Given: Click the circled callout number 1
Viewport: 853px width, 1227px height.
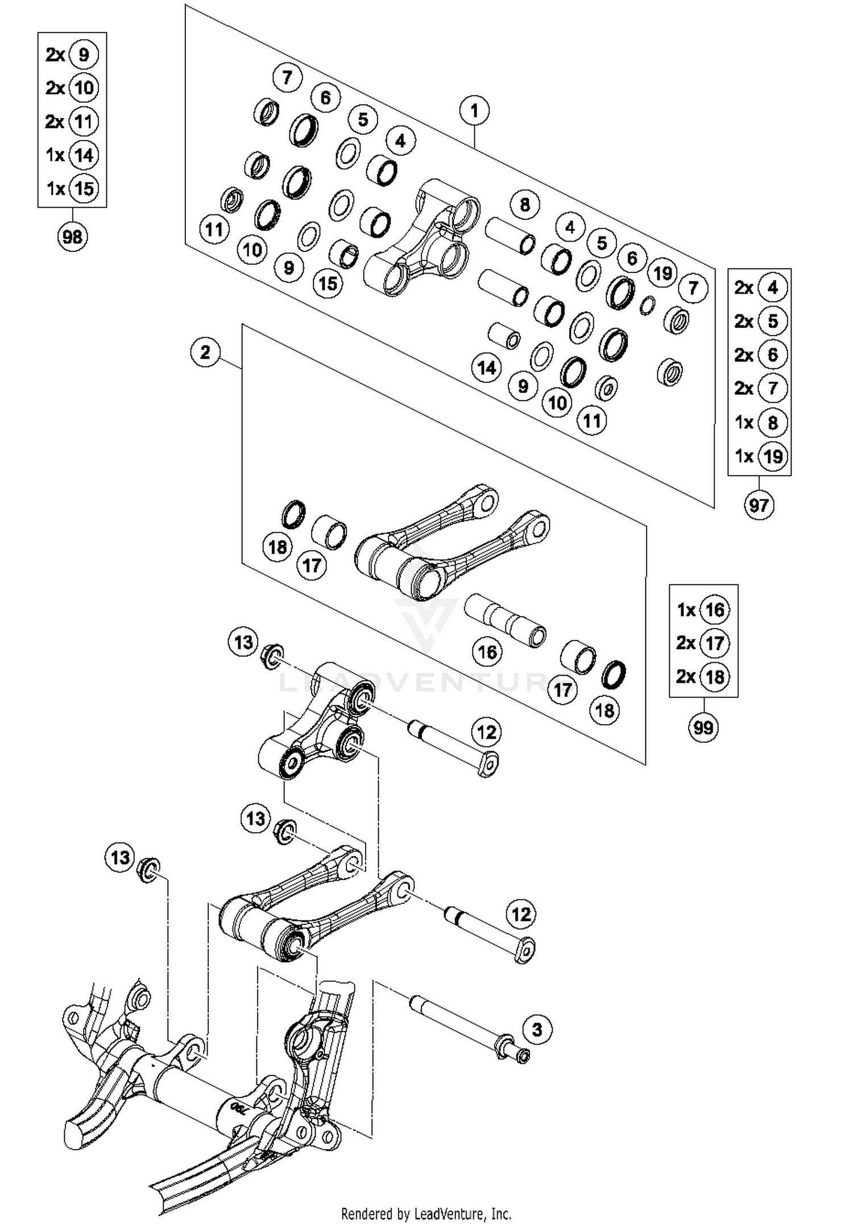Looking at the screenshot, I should coord(475,111).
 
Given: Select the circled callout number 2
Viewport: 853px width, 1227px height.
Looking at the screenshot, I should coord(206,352).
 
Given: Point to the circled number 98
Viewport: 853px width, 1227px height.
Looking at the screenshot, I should coord(72,236).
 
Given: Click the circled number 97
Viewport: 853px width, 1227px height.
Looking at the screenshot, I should coord(759,505).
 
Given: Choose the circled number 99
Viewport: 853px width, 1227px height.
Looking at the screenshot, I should coord(703,727).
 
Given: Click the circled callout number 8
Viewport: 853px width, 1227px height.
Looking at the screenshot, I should coord(524,204).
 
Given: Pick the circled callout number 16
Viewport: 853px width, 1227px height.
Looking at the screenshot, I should coord(487,652).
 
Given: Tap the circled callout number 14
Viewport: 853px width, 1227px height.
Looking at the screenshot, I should coord(487,368).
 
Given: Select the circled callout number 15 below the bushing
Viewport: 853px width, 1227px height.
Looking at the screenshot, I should coord(328,283).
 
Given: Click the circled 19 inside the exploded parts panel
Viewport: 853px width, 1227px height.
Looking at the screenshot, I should coord(662,274).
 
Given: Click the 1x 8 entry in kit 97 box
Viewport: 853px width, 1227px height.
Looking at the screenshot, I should coord(760,423).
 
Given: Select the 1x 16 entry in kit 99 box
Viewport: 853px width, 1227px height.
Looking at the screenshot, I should coord(703,610).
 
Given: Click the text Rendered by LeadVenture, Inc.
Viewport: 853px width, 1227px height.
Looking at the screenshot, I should coord(426,1214).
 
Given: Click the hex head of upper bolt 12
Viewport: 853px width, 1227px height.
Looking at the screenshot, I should coord(488,764).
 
